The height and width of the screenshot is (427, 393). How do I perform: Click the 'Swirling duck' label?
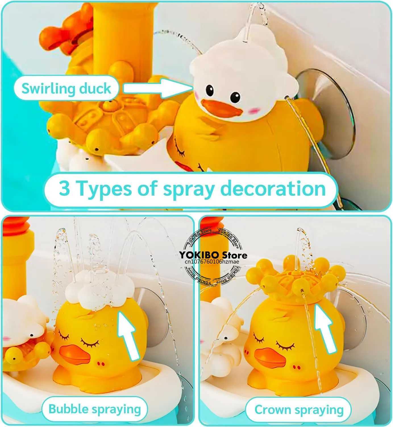click(66, 88)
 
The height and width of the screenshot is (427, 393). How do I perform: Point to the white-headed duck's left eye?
click(210, 91)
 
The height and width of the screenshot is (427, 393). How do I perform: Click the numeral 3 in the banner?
click(65, 188)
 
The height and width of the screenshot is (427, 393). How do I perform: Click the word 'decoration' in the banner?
click(273, 188)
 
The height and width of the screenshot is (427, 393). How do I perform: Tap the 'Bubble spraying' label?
click(95, 409)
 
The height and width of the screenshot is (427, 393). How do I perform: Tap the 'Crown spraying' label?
click(299, 410)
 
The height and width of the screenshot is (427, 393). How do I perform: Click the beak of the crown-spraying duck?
click(270, 357)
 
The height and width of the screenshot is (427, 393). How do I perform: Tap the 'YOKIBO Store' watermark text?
click(213, 255)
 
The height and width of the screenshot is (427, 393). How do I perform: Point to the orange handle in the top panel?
click(65, 31)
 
